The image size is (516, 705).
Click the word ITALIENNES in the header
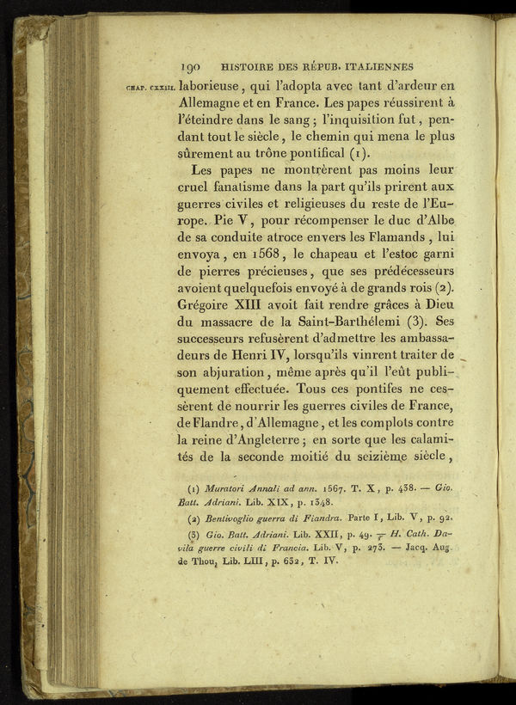(x=378, y=66)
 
